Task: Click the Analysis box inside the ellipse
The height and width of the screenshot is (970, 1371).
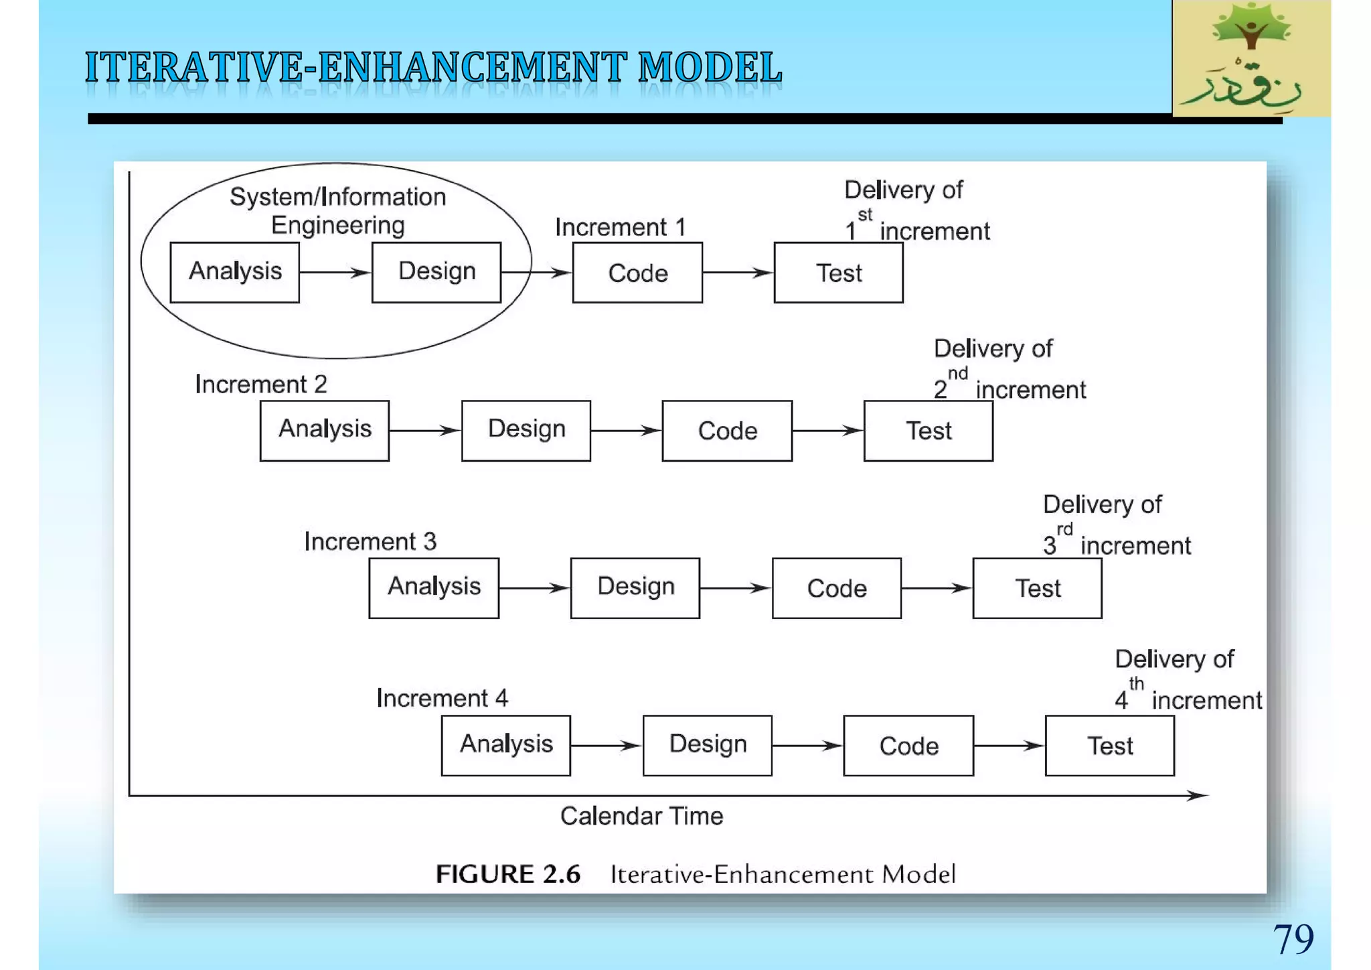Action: pyautogui.click(x=234, y=273)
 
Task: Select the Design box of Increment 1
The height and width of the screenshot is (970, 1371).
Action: pyautogui.click(x=436, y=273)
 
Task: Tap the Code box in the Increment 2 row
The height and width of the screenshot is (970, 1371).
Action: pyautogui.click(x=727, y=431)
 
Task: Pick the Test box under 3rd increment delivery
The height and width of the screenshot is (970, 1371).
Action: pyautogui.click(x=1037, y=588)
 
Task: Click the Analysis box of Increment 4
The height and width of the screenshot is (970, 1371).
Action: pyautogui.click(x=505, y=746)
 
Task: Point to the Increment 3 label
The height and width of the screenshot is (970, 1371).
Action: pyautogui.click(x=370, y=541)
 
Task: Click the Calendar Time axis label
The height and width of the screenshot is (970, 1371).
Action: pyautogui.click(x=641, y=816)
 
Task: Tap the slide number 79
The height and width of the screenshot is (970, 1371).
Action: pyautogui.click(x=1293, y=939)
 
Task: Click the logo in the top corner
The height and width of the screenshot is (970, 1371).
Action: pyautogui.click(x=1251, y=59)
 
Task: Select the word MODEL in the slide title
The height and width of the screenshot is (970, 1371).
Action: pyautogui.click(x=710, y=68)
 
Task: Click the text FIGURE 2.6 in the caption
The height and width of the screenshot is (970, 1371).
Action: pyautogui.click(x=507, y=874)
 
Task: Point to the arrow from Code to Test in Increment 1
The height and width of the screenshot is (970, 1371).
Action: pyautogui.click(x=738, y=273)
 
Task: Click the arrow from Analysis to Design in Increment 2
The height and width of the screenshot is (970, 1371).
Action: pyautogui.click(x=424, y=431)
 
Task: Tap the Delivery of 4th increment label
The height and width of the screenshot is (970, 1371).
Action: pyautogui.click(x=1187, y=680)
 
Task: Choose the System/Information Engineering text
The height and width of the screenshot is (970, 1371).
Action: pyautogui.click(x=337, y=210)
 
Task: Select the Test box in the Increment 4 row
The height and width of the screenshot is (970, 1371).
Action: pyautogui.click(x=1109, y=746)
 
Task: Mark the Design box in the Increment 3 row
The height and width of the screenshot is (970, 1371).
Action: pyautogui.click(x=635, y=588)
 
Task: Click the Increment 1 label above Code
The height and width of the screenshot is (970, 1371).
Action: pyautogui.click(x=620, y=227)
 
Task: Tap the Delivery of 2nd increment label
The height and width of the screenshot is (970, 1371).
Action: pyautogui.click(x=1009, y=369)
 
